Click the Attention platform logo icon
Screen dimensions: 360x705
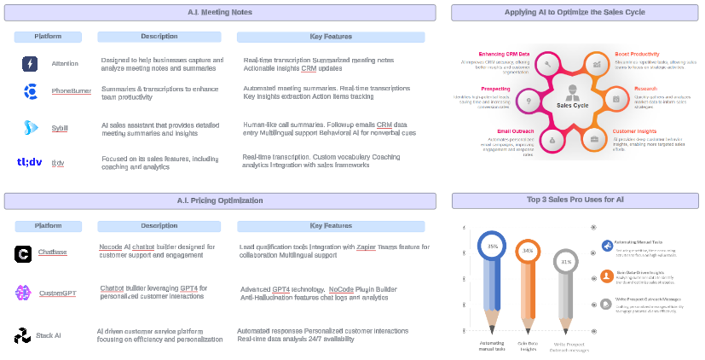tap(30, 64)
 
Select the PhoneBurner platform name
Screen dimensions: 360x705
tap(72, 90)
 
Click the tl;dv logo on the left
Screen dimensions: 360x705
tap(29, 162)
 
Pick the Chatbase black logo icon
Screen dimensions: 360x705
tap(23, 254)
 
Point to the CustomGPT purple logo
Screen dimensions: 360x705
tap(23, 293)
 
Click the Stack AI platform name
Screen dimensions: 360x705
tap(49, 335)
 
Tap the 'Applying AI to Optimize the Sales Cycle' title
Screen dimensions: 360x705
tap(575, 12)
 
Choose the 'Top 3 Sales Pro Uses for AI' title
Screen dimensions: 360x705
tap(575, 200)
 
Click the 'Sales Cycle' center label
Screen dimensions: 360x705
tap(572, 105)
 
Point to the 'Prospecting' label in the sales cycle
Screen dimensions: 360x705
tap(495, 88)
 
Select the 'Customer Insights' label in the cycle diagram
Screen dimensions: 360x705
tap(634, 131)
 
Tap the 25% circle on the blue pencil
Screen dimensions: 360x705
tap(492, 246)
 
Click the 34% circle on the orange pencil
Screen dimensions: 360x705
tap(528, 251)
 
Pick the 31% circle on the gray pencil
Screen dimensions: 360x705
tap(566, 262)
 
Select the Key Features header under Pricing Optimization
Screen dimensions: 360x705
tap(330, 226)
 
